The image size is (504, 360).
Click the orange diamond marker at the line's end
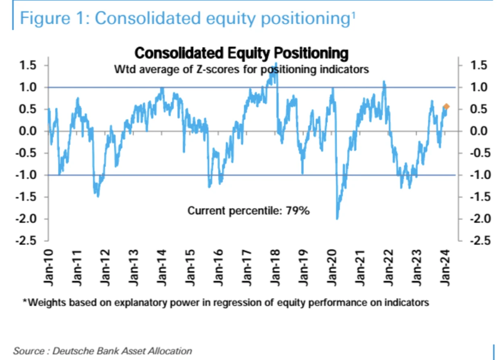[x=446, y=107]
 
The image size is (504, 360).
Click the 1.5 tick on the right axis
[x=478, y=65]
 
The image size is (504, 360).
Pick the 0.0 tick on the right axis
[x=478, y=131]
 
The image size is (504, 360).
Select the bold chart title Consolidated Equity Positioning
[x=241, y=53]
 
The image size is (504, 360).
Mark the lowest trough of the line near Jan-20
[x=337, y=218]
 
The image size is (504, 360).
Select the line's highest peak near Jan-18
[x=276, y=64]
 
